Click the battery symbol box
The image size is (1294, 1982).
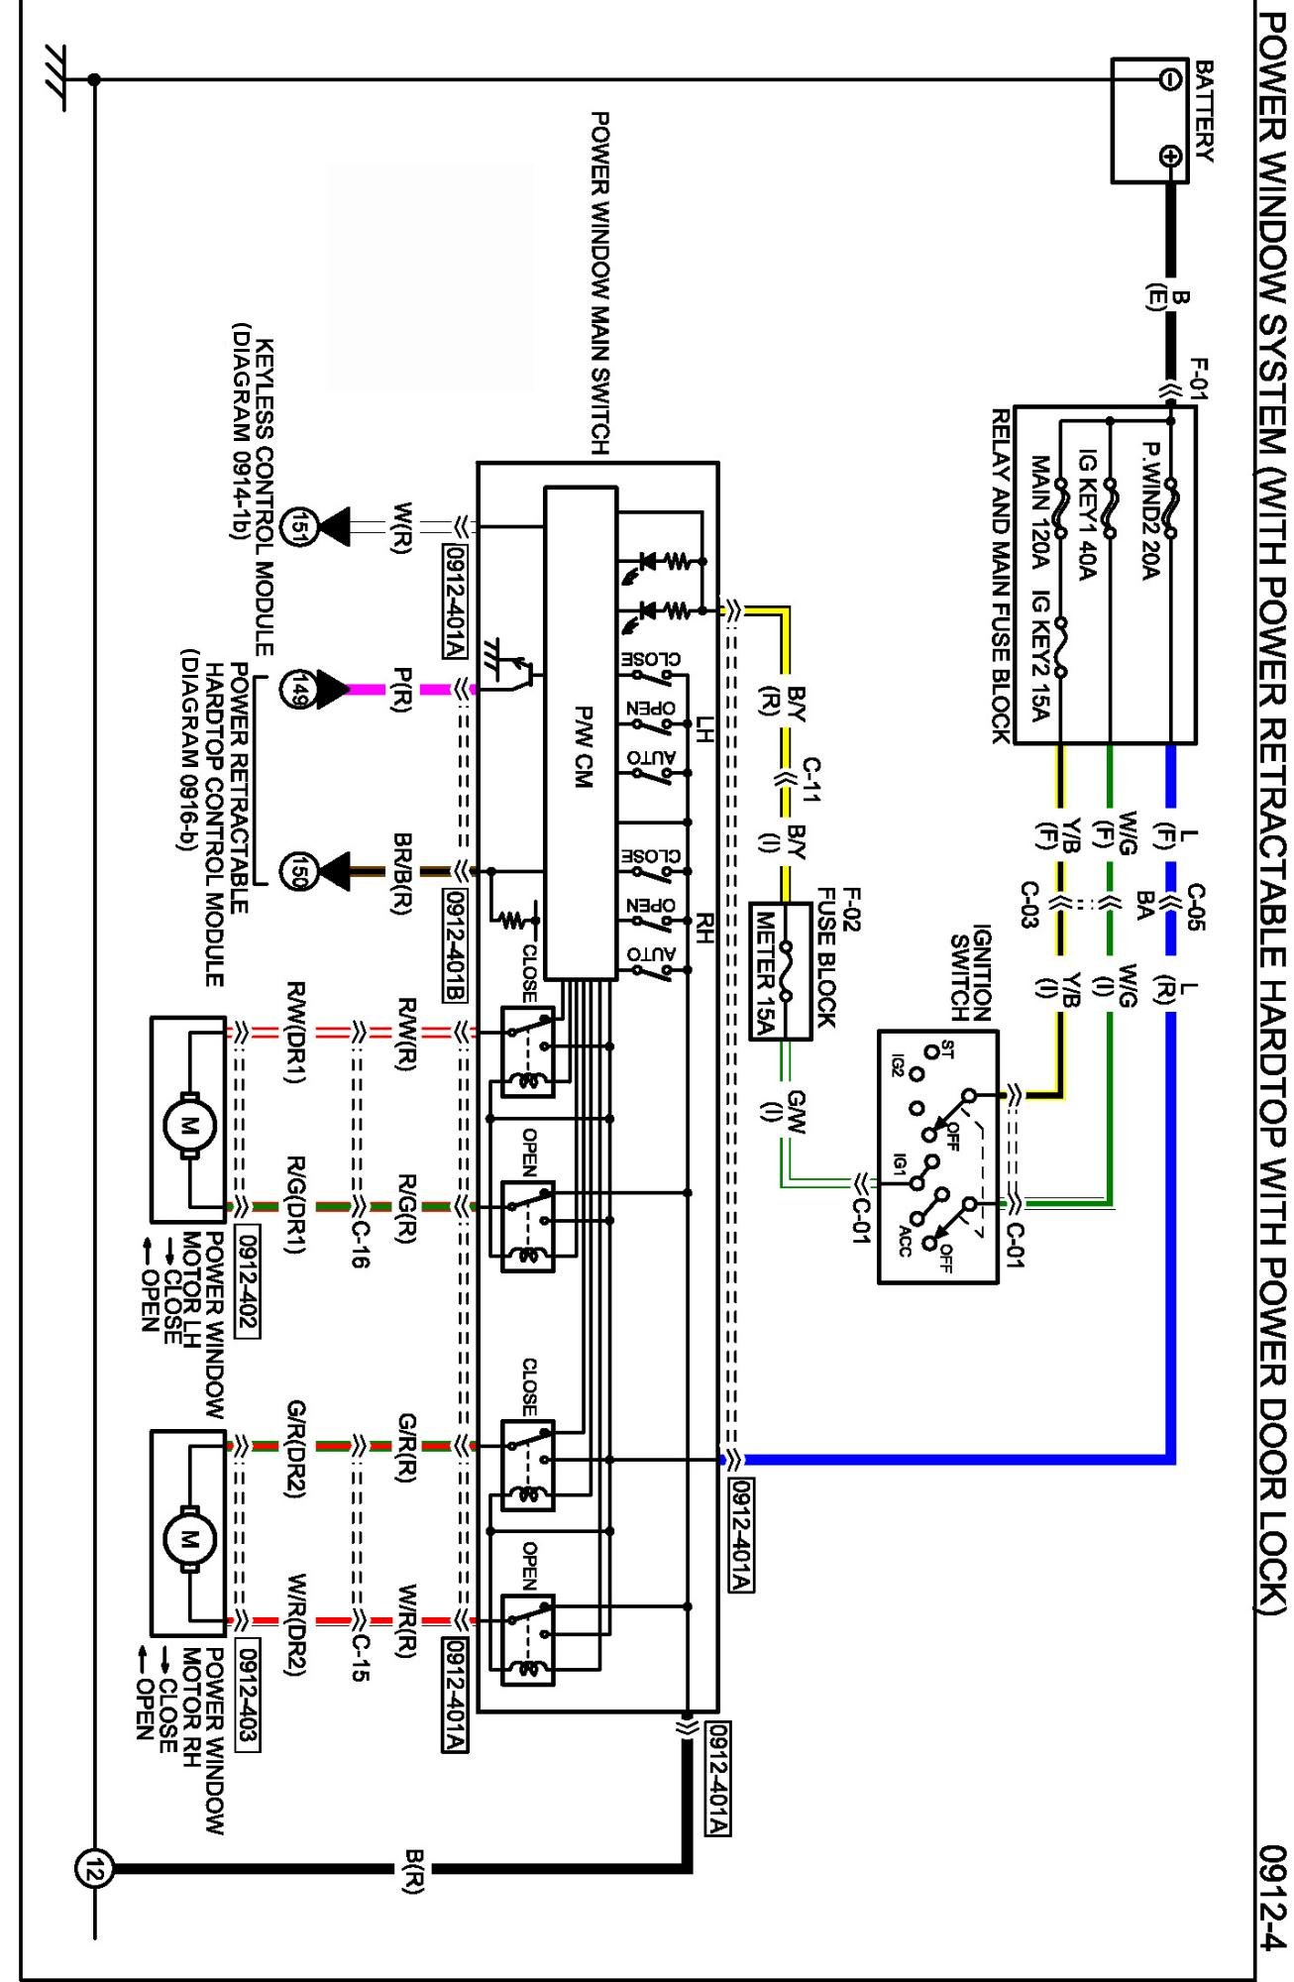point(1149,120)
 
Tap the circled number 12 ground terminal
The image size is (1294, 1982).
point(94,1870)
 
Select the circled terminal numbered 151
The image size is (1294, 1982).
point(298,527)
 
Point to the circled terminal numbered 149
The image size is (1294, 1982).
point(298,689)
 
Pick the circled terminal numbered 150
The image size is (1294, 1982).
point(298,871)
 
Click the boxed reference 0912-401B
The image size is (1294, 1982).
point(455,945)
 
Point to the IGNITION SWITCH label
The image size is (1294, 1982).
point(970,973)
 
